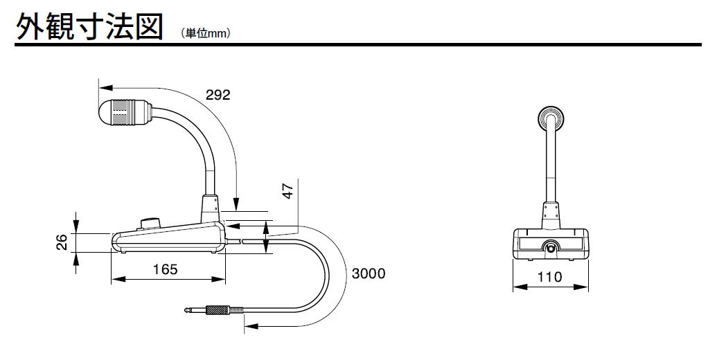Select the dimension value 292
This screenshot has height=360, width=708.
(218, 94)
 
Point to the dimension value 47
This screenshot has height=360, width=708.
(289, 189)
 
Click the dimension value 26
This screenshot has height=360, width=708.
(62, 242)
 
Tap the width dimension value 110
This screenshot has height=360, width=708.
(550, 277)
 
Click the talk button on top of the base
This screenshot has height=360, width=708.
(149, 223)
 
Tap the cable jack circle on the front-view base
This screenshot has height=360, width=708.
(551, 246)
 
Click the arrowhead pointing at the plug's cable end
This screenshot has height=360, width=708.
(249, 325)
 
